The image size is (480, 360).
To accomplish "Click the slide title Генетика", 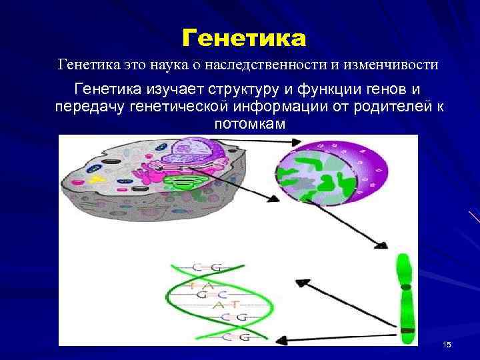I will coord(244,39).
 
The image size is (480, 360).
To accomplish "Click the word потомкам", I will coord(249,125).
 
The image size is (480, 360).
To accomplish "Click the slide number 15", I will coord(446,344).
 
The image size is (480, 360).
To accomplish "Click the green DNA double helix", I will coord(200,300).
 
